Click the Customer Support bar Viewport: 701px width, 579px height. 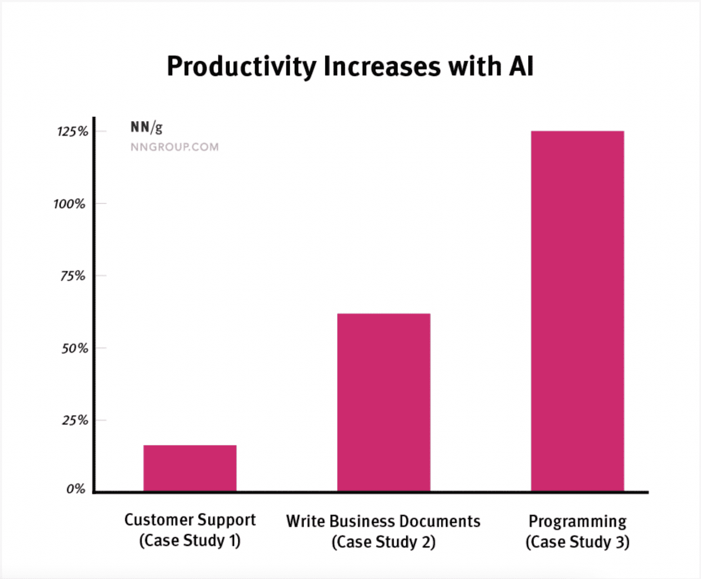(x=190, y=468)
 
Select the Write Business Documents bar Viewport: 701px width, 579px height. (x=383, y=402)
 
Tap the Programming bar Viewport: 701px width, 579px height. (x=577, y=311)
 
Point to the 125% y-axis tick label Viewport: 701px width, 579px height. (x=72, y=132)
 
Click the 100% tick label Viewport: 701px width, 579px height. (x=69, y=204)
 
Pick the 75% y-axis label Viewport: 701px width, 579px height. (x=73, y=276)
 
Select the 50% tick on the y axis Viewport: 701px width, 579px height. (x=74, y=348)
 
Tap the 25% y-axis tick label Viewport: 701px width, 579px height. (x=75, y=420)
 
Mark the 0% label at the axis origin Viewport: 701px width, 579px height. (x=76, y=489)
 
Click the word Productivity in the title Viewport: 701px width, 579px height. (x=241, y=66)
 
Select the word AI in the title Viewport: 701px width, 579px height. (x=521, y=66)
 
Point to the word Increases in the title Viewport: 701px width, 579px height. (x=382, y=66)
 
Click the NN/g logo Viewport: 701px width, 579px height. (x=146, y=126)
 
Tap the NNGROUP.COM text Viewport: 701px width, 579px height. (x=174, y=147)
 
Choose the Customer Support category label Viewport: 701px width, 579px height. (x=190, y=520)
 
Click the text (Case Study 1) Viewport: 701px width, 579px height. (x=190, y=541)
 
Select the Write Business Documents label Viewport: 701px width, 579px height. (x=383, y=521)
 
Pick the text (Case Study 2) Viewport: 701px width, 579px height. (x=383, y=542)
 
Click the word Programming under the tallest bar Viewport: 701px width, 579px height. (x=577, y=521)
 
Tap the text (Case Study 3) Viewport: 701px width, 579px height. (x=577, y=542)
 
